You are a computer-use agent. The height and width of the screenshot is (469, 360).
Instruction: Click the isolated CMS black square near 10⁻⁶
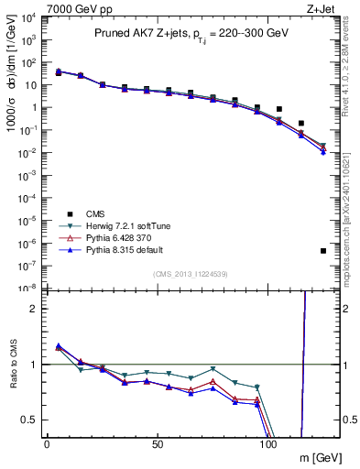(x=323, y=251)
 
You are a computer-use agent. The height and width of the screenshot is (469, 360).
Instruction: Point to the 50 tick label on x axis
(x=158, y=444)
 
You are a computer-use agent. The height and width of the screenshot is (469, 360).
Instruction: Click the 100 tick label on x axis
(x=268, y=444)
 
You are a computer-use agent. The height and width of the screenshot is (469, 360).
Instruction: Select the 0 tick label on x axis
(x=47, y=444)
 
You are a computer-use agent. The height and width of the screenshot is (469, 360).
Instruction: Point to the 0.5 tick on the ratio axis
(x=29, y=420)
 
